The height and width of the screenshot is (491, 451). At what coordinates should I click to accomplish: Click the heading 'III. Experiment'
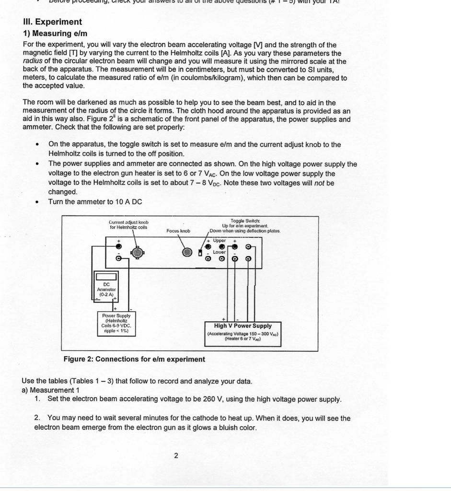pyautogui.click(x=52, y=22)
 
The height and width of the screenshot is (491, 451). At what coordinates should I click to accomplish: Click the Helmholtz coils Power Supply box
pyautogui.click(x=116, y=323)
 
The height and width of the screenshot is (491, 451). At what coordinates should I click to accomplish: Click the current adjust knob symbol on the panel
pyautogui.click(x=138, y=252)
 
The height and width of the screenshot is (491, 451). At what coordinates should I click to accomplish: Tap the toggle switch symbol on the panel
pyautogui.click(x=200, y=252)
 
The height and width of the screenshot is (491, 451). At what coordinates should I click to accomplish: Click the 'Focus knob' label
pyautogui.click(x=178, y=231)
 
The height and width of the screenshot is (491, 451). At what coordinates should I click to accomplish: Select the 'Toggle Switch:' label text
pyautogui.click(x=245, y=220)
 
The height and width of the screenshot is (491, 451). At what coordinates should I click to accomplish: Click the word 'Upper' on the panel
pyautogui.click(x=220, y=240)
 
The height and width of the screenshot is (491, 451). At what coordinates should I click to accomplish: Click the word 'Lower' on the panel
pyautogui.click(x=219, y=252)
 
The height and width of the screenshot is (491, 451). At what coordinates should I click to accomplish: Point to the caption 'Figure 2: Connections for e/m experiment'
pyautogui.click(x=134, y=359)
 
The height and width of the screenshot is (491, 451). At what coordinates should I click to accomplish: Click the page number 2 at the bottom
pyautogui.click(x=176, y=456)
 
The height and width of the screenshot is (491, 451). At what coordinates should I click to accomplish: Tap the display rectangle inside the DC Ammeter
pyautogui.click(x=106, y=277)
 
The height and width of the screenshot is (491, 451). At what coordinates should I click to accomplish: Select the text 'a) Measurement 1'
pyautogui.click(x=50, y=390)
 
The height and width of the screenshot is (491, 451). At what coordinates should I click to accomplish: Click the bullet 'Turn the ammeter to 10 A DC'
pyautogui.click(x=95, y=202)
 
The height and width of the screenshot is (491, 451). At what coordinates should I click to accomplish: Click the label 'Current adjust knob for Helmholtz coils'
pyautogui.click(x=128, y=225)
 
